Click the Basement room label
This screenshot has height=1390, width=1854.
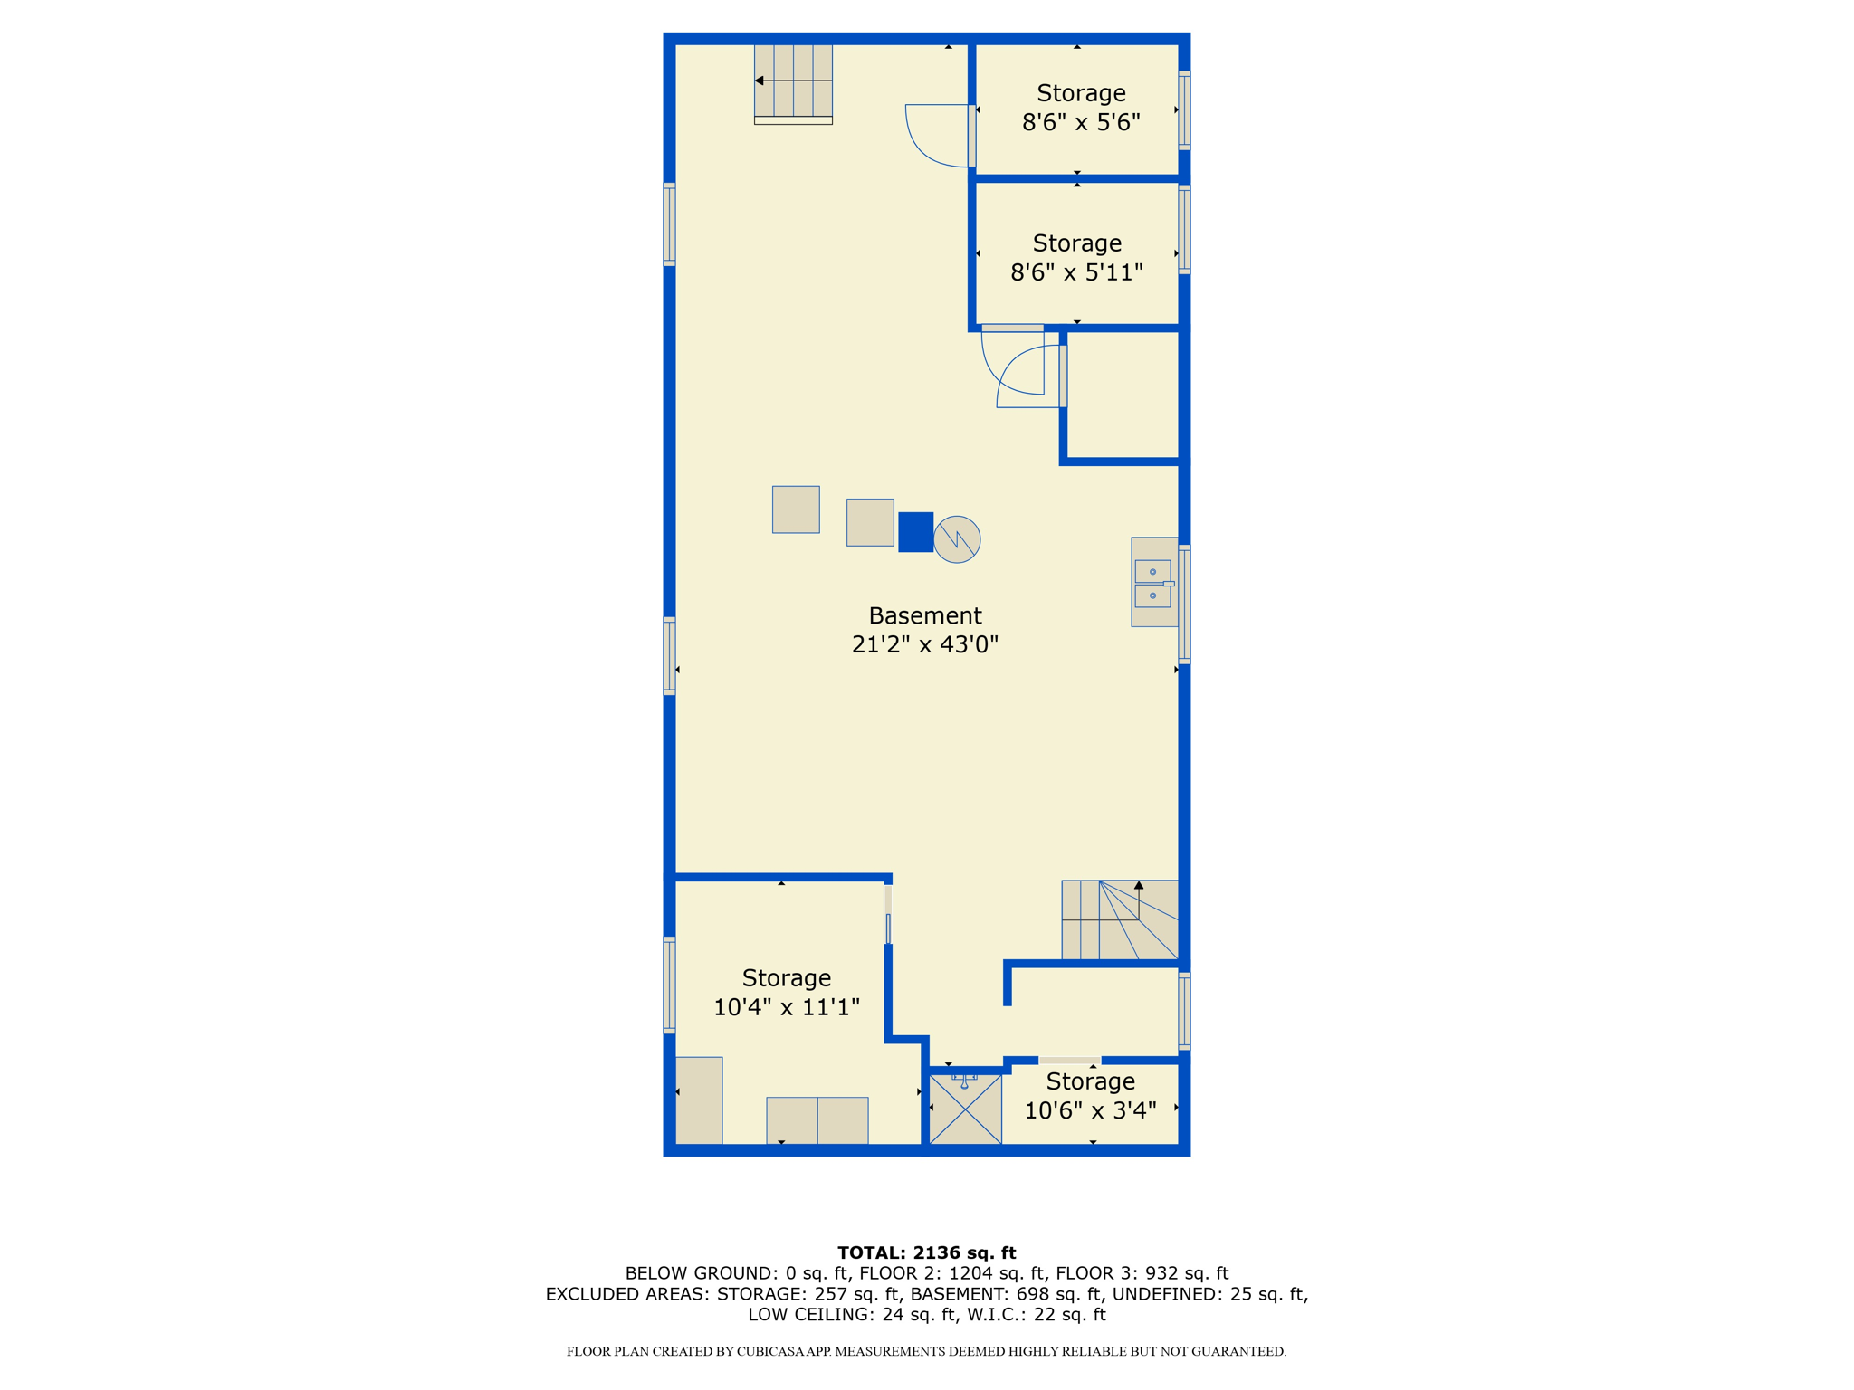click(924, 615)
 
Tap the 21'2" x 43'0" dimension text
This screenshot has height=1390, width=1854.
click(924, 644)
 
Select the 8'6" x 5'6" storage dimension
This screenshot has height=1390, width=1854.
click(1081, 122)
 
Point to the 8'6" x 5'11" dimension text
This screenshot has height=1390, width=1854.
click(1076, 272)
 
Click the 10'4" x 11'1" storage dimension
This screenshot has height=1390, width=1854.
click(786, 1007)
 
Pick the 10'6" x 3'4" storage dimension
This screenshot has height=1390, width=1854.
click(1090, 1110)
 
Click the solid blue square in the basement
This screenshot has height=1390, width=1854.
click(915, 532)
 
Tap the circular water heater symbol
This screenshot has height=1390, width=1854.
click(957, 539)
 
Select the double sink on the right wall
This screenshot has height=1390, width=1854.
click(1153, 583)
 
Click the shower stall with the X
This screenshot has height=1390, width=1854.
click(965, 1109)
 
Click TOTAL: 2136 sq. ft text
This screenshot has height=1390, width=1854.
click(926, 1252)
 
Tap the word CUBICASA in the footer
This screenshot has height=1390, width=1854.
click(774, 1351)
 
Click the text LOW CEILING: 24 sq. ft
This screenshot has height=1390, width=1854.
click(852, 1315)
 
